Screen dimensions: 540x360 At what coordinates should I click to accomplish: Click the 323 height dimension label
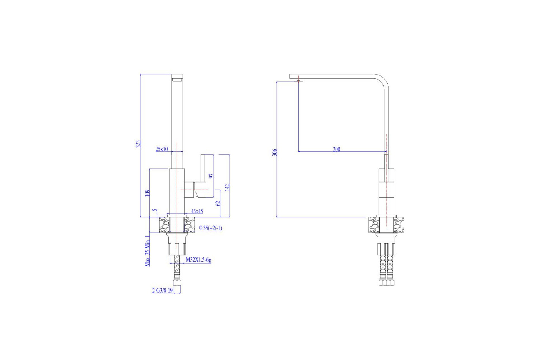tap(138, 144)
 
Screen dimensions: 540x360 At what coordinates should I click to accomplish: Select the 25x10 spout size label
tap(162, 149)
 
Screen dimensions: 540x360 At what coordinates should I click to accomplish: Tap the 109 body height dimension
tap(147, 193)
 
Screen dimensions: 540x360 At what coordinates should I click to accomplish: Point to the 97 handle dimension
tap(211, 176)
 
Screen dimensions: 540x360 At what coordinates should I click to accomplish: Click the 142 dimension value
tap(227, 187)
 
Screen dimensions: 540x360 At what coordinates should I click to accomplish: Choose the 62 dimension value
tap(218, 203)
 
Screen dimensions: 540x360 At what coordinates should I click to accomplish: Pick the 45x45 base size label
tap(197, 211)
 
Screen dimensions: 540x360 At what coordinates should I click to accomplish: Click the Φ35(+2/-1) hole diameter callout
tap(210, 228)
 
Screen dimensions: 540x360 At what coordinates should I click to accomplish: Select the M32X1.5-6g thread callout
tap(198, 260)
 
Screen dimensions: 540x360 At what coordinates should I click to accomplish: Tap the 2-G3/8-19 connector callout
tap(163, 290)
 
